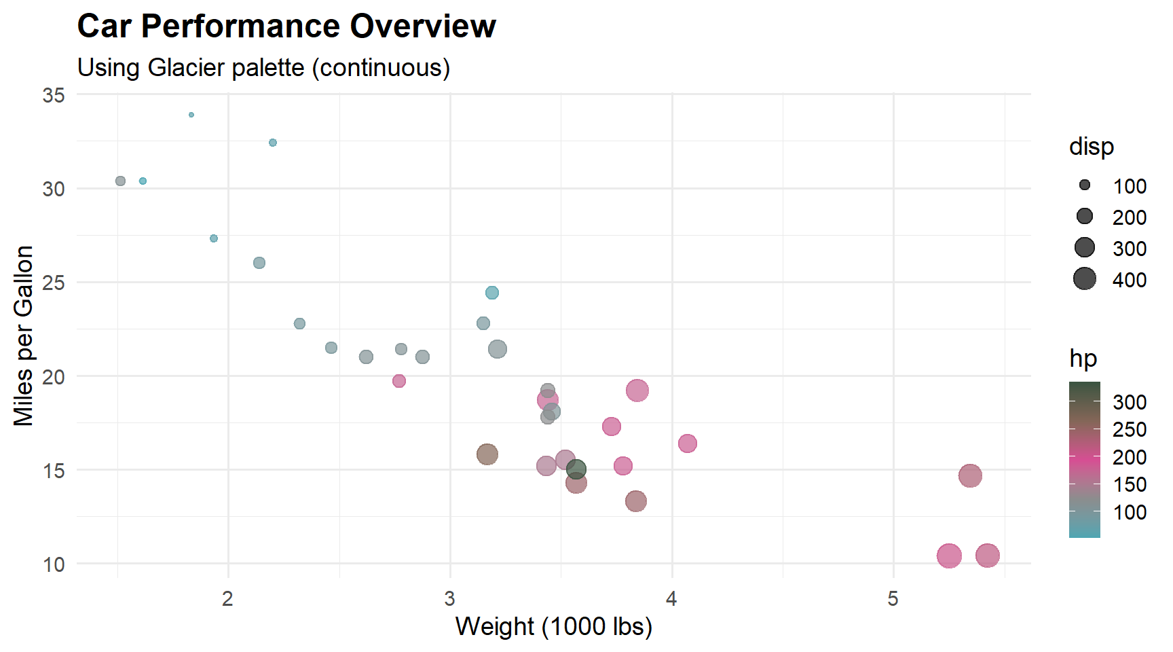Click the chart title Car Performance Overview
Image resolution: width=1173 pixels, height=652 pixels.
pos(286,27)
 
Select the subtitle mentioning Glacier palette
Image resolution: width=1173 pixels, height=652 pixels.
pos(263,68)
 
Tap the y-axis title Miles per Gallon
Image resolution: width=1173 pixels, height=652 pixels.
pos(24,336)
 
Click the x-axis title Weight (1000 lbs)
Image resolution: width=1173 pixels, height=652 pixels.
pos(553,626)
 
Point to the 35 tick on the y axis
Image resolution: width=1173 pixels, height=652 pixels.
pos(54,95)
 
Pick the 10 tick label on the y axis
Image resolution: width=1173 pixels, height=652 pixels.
pos(54,564)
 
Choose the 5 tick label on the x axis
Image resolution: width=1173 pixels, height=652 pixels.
pos(893,598)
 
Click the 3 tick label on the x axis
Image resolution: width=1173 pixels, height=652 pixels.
pos(449,598)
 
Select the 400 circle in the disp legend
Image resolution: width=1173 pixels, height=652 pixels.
pos(1085,278)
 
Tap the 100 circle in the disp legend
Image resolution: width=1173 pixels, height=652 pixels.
pos(1085,185)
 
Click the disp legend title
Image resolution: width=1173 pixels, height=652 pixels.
pos(1091,147)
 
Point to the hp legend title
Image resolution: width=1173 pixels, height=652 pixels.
pos(1083,359)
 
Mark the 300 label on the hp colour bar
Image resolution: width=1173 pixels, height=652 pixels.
pos(1130,402)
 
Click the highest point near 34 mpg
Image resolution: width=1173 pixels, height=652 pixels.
pos(191,115)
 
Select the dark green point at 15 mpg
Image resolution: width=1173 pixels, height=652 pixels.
pos(576,469)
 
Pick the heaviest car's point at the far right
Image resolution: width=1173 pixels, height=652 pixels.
pos(988,556)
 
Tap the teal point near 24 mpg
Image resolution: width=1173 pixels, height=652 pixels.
pos(492,293)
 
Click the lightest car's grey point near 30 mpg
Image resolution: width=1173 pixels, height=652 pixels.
pos(121,181)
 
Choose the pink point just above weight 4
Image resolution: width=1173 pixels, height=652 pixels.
pos(688,443)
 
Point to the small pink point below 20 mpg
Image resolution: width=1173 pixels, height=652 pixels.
pos(399,381)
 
